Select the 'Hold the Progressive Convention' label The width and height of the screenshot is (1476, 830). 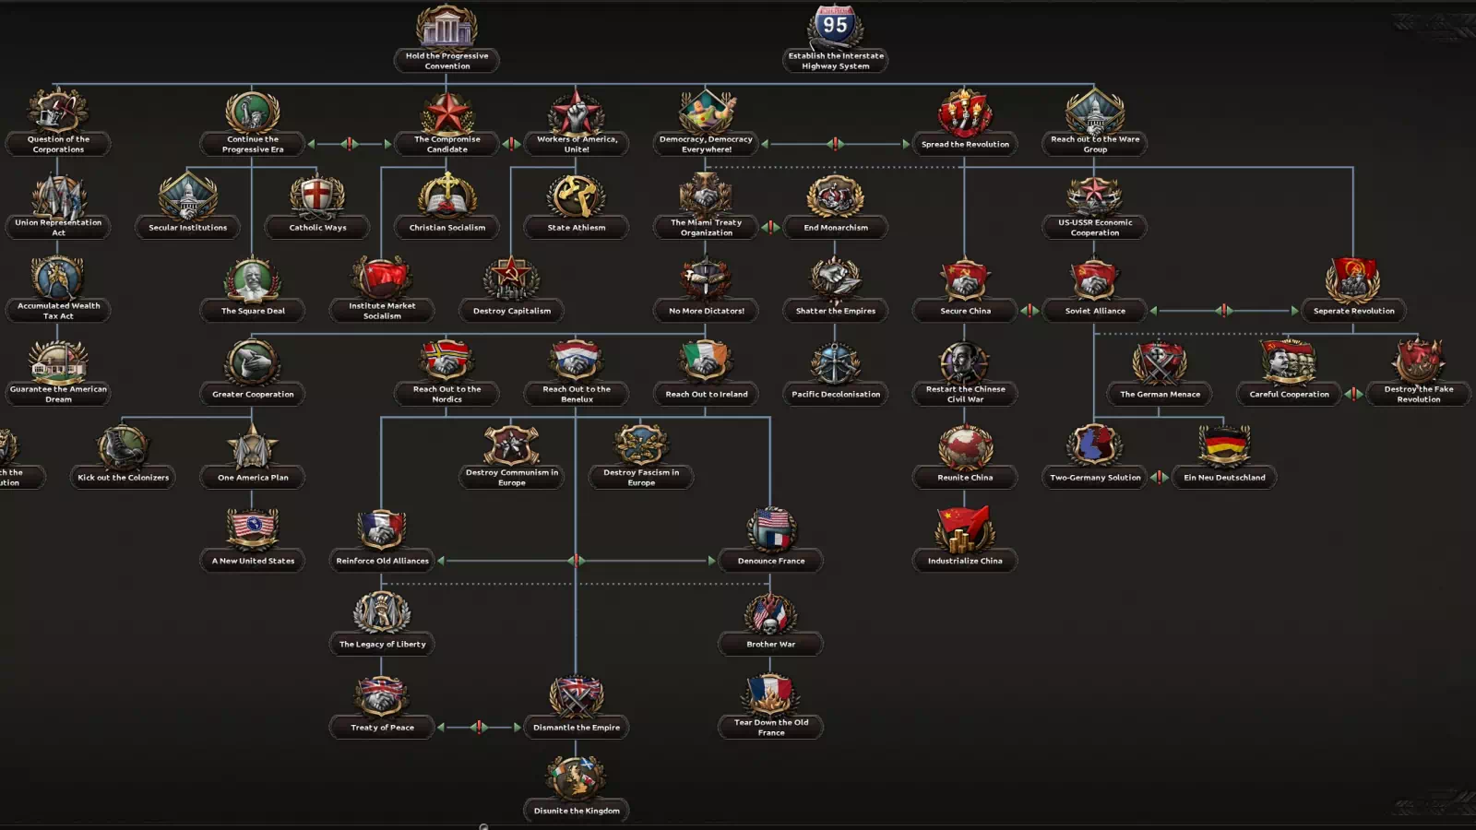[x=447, y=61]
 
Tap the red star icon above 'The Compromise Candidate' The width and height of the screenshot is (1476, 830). [x=447, y=112]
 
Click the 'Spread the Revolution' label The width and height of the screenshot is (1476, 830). [x=965, y=145]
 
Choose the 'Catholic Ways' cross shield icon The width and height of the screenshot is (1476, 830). [x=317, y=196]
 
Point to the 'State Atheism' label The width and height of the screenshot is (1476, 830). [x=577, y=228]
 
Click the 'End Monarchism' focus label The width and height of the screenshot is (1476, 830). [x=836, y=228]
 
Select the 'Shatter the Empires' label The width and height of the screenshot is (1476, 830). [x=836, y=311]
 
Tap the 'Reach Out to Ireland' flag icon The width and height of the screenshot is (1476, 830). [x=707, y=361]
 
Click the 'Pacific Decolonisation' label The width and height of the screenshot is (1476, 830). [x=836, y=395]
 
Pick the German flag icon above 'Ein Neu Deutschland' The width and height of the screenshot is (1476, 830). [x=1224, y=445]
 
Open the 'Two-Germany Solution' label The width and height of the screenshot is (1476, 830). [x=1095, y=478]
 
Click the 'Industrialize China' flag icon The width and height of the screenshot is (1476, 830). [x=965, y=528]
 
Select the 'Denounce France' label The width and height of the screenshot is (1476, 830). [x=771, y=561]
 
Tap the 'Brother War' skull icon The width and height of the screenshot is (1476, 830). [x=770, y=613]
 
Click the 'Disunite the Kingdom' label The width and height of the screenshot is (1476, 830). [x=577, y=811]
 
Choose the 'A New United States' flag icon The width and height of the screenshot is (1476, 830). [x=253, y=528]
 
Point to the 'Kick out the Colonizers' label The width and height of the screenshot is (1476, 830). [x=124, y=478]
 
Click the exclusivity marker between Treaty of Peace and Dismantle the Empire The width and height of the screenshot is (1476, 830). [x=479, y=728]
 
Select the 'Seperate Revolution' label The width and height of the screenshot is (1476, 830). [x=1353, y=311]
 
